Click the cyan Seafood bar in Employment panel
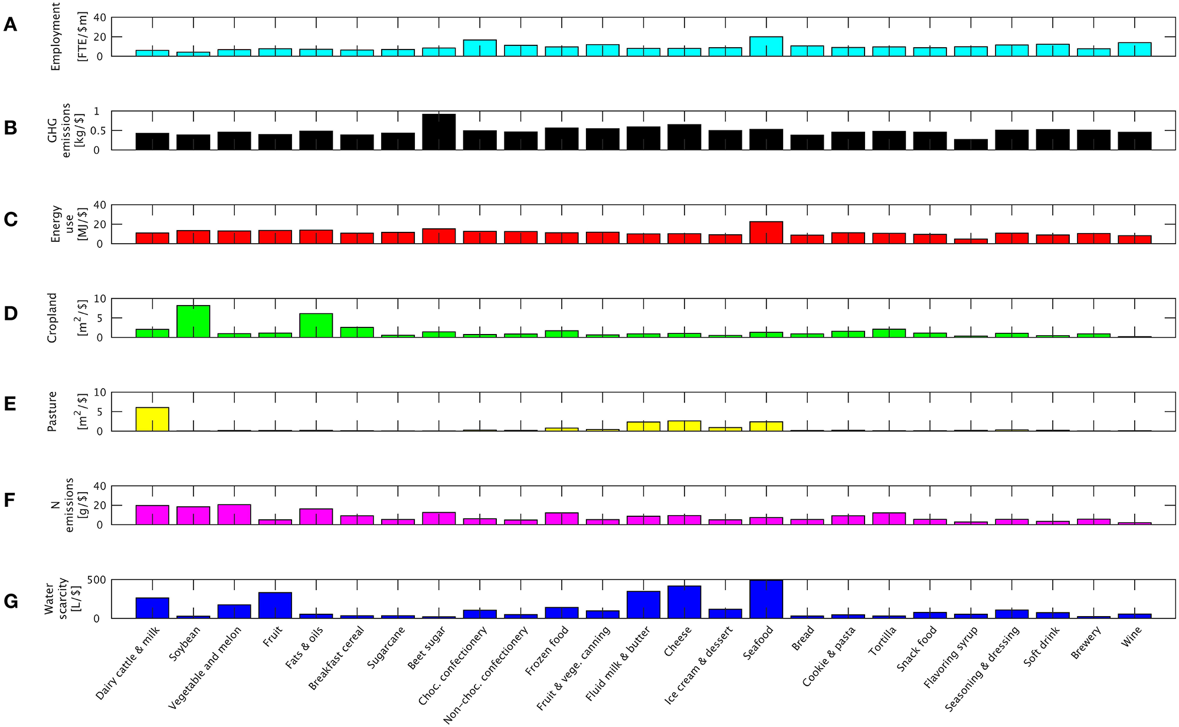tap(766, 47)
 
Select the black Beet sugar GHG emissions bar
tap(439, 132)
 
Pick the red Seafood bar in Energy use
tap(766, 232)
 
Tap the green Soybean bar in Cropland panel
tap(193, 322)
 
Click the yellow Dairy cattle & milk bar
tap(152, 419)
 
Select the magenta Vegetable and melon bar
tap(234, 515)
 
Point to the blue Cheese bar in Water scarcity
tap(684, 602)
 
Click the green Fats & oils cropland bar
tap(316, 325)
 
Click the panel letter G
tap(11, 601)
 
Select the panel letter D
tap(11, 314)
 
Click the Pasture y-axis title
tap(53, 411)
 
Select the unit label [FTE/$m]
tap(82, 37)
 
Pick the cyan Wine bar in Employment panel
tap(1134, 49)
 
